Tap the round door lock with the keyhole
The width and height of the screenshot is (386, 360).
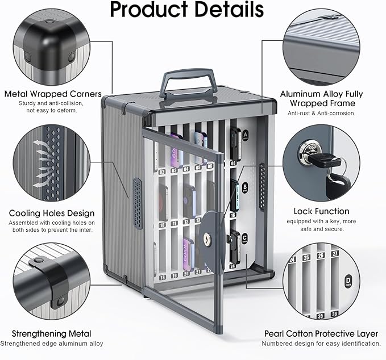pyautogui.click(x=212, y=238)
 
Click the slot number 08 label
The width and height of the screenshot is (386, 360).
pyautogui.click(x=233, y=164)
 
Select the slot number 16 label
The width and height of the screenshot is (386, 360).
pyautogui.click(x=233, y=215)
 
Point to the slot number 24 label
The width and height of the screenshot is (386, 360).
pyautogui.click(x=233, y=266)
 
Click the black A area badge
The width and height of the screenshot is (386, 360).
pyautogui.click(x=245, y=135)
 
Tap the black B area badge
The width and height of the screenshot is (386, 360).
pyautogui.click(x=244, y=188)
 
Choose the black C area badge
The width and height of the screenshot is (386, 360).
pyautogui.click(x=244, y=238)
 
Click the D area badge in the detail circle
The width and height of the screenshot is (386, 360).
pyautogui.click(x=348, y=281)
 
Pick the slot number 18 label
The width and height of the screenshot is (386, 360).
pyautogui.click(x=162, y=278)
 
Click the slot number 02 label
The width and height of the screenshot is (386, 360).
pyautogui.click(x=162, y=172)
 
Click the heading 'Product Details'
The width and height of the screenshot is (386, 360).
pyautogui.click(x=186, y=9)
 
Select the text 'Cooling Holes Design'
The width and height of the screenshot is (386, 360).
pyautogui.click(x=52, y=213)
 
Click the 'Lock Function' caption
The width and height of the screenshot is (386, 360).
pyautogui.click(x=322, y=211)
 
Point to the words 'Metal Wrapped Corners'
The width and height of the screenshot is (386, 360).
pyautogui.click(x=53, y=94)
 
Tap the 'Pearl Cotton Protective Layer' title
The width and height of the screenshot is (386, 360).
pyautogui.click(x=321, y=334)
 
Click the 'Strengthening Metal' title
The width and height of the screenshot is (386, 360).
pyautogui.click(x=52, y=334)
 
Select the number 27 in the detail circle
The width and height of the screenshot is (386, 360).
pyautogui.click(x=335, y=253)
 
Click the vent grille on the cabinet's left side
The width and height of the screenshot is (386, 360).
pyautogui.click(x=138, y=204)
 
